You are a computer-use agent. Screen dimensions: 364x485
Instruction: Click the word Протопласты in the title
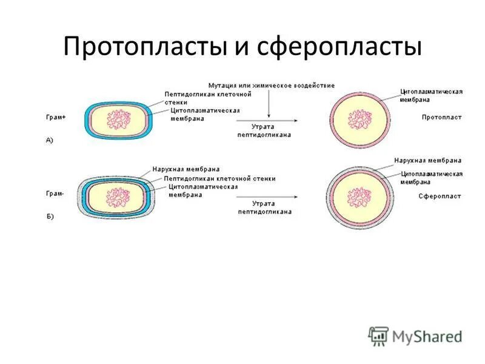click(x=144, y=47)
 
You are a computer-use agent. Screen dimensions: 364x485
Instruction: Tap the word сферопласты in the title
click(x=337, y=47)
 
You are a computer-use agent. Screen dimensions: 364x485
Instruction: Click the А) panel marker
click(x=50, y=140)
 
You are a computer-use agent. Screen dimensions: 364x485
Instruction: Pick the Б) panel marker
click(x=50, y=217)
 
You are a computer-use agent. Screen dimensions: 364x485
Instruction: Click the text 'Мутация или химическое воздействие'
click(x=271, y=86)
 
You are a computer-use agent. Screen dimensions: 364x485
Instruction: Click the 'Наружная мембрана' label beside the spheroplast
click(x=427, y=161)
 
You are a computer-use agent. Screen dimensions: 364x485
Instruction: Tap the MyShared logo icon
click(x=378, y=335)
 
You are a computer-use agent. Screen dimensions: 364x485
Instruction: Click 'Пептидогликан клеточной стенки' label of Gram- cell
click(x=219, y=178)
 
